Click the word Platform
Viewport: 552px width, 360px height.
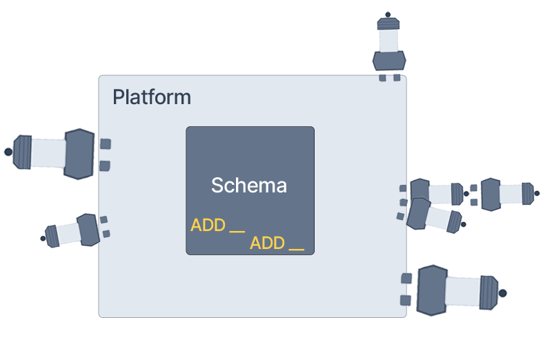[152, 97]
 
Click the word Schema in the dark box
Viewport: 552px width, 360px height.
[248, 186]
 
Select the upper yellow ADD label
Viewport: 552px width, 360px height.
[217, 226]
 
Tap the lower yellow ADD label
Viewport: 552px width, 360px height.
[277, 243]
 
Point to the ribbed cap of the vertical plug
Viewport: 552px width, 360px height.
[388, 24]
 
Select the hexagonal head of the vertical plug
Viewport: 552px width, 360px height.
[388, 61]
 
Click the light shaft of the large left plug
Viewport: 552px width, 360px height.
[48, 152]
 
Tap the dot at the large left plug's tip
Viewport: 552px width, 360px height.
[8, 152]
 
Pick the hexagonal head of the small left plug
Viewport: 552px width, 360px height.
[88, 230]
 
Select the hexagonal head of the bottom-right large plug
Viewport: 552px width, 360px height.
[433, 290]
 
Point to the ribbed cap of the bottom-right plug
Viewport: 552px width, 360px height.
[489, 292]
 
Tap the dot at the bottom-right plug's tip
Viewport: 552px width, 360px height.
[502, 293]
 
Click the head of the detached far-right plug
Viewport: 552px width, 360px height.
[491, 194]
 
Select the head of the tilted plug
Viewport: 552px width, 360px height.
[418, 214]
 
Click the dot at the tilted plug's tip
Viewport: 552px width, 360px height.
[463, 224]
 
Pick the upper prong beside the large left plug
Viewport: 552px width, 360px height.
[106, 144]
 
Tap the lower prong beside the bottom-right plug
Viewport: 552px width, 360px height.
[406, 301]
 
